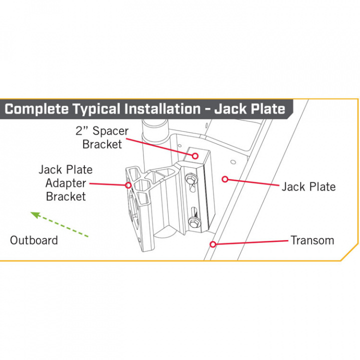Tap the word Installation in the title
[x=159, y=109]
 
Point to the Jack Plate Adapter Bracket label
[x=65, y=183]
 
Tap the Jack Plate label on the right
[x=308, y=187]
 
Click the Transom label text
[x=312, y=240]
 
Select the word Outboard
[x=34, y=240]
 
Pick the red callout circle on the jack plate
[x=225, y=178]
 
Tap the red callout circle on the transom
[x=213, y=244]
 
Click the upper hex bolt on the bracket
[x=191, y=178]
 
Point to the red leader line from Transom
[x=250, y=242]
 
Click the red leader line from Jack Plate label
[x=252, y=182]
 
